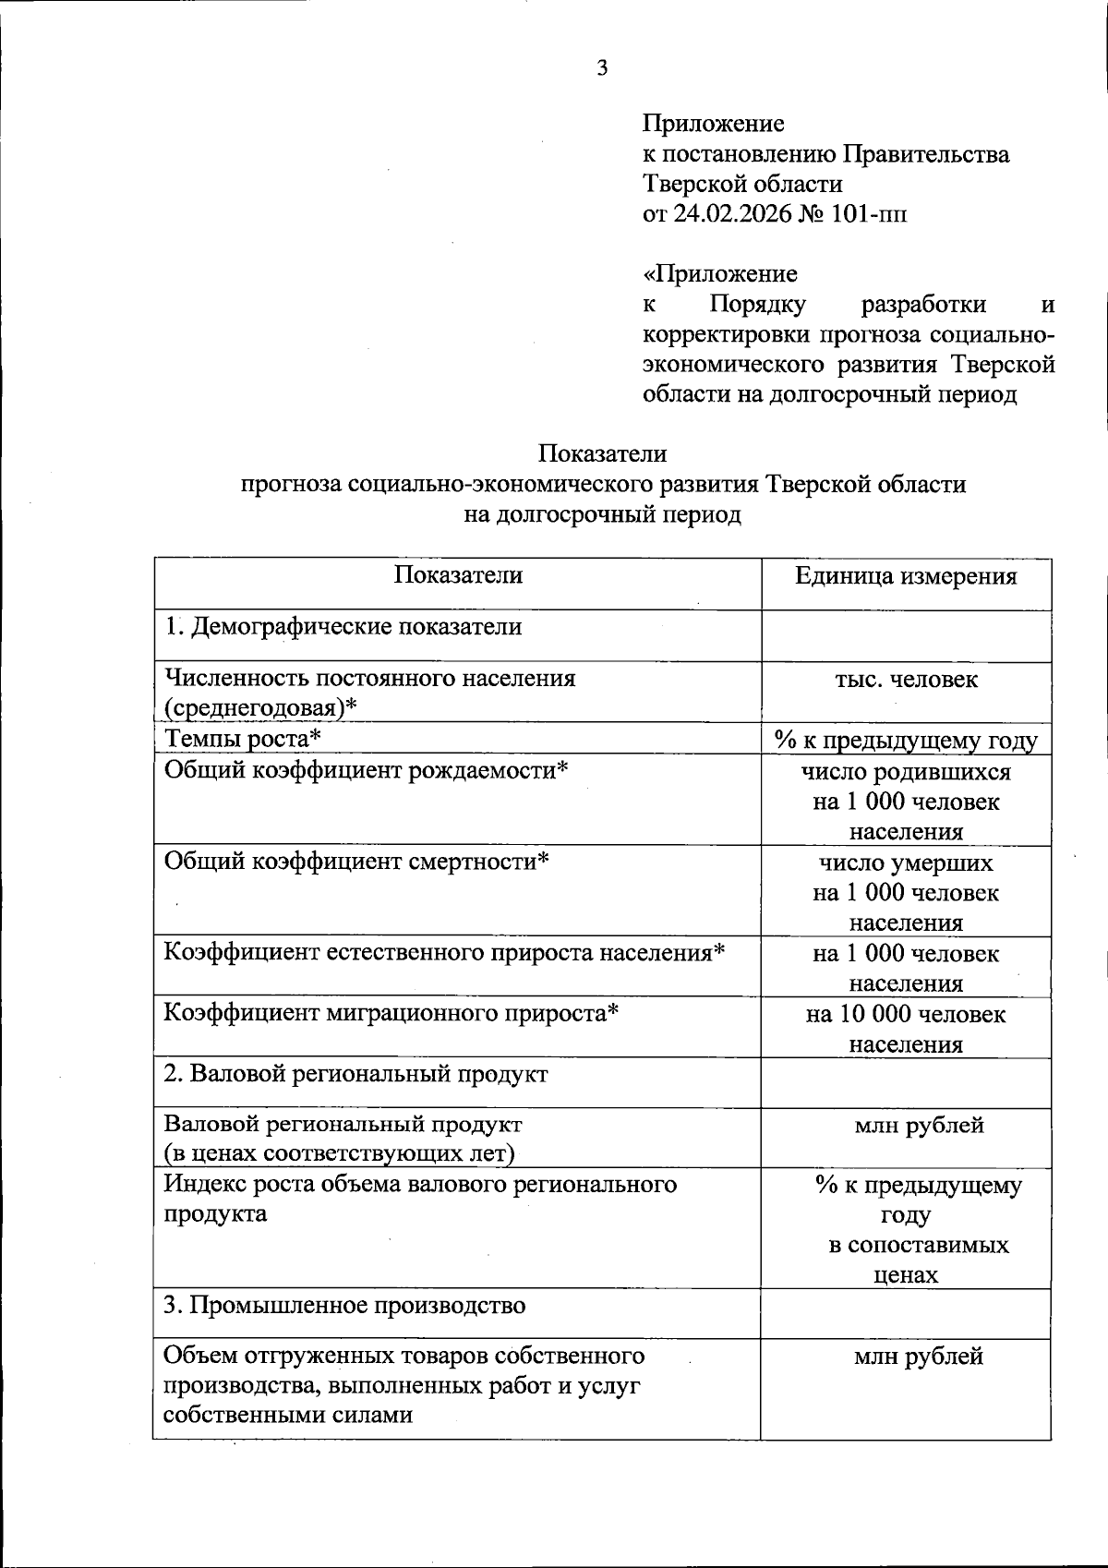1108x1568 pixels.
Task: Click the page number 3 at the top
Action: (x=603, y=68)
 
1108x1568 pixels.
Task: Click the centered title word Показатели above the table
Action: (x=603, y=453)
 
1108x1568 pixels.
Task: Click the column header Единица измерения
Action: (x=906, y=576)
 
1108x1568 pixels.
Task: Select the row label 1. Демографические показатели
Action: (x=343, y=627)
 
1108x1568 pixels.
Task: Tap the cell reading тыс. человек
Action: (x=906, y=680)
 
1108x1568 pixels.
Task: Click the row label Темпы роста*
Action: (x=243, y=738)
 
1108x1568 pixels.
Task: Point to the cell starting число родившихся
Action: (x=906, y=771)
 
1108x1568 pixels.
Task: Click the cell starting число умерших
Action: (x=906, y=862)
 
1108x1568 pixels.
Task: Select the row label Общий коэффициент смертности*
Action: (x=356, y=861)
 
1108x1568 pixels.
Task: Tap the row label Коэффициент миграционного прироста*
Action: (x=391, y=1013)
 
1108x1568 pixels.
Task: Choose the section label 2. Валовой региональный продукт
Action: (x=355, y=1074)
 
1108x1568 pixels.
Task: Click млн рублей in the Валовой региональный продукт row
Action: (x=919, y=1125)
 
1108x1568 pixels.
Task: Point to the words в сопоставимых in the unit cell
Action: (x=918, y=1245)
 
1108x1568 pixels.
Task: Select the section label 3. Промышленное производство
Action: (x=344, y=1305)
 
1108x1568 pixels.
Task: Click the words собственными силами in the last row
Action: (x=287, y=1415)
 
